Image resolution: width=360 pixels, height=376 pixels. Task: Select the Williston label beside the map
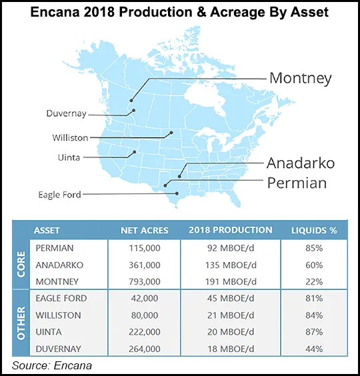coord(69,137)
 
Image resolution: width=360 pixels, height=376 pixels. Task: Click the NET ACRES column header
coord(145,231)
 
